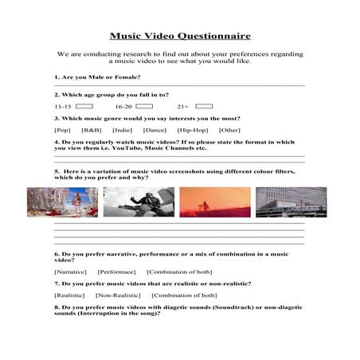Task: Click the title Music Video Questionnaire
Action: point(179,36)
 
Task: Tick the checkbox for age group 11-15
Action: point(85,105)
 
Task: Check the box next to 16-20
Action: point(144,105)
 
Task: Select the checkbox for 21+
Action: point(204,105)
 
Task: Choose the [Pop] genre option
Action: point(63,129)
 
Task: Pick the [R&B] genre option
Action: point(92,129)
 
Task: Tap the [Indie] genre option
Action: point(122,129)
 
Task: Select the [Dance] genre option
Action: point(155,129)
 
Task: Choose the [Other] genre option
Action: point(229,129)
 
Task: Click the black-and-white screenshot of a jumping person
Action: point(139,202)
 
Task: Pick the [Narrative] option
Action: point(70,272)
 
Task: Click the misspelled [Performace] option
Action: point(117,272)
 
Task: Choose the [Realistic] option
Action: point(69,295)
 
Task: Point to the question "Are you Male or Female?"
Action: point(97,77)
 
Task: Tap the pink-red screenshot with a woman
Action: point(62,202)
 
